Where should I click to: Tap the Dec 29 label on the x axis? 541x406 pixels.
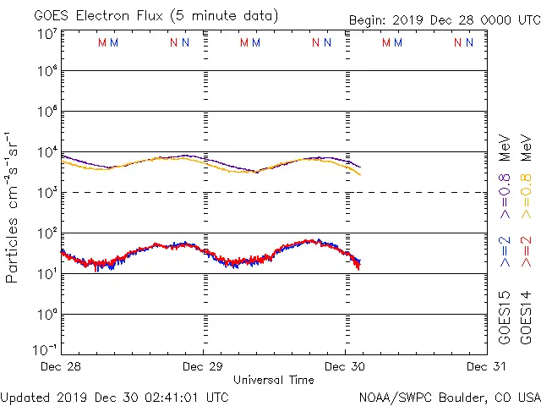[x=202, y=367]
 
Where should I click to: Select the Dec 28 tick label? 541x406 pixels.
[x=61, y=367]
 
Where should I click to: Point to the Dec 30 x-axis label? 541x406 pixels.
[x=345, y=367]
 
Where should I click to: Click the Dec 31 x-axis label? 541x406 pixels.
[x=486, y=367]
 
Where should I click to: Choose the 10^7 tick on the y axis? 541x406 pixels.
[x=46, y=33]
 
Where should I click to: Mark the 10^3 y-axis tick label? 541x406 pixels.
[x=46, y=193]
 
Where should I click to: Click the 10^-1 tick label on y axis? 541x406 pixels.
[x=45, y=348]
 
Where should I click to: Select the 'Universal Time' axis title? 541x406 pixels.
[x=274, y=380]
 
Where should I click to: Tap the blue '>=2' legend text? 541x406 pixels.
[x=505, y=251]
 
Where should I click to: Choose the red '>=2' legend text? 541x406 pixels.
[x=525, y=251]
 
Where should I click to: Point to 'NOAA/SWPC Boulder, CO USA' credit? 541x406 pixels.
[x=449, y=396]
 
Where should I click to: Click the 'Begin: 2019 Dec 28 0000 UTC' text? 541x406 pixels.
[x=443, y=19]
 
